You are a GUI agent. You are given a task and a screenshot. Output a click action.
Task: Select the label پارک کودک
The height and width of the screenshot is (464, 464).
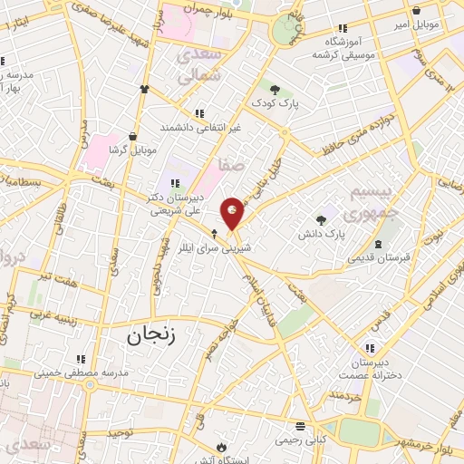(276, 104)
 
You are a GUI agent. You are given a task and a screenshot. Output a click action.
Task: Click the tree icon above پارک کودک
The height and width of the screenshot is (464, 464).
(275, 90)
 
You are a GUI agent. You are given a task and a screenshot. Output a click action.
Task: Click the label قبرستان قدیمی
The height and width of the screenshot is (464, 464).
(378, 256)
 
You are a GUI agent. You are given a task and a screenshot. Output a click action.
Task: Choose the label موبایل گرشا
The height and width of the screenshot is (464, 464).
(133, 148)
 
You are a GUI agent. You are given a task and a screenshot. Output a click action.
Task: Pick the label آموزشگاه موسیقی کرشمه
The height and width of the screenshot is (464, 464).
(343, 48)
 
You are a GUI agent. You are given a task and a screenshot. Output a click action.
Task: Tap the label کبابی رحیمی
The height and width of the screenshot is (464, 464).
(298, 439)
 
